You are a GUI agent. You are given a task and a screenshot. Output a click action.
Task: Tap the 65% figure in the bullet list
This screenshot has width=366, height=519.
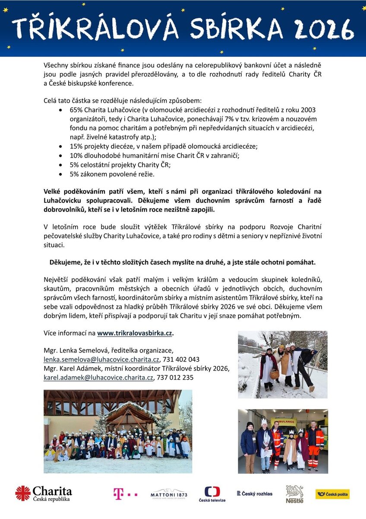(76, 109)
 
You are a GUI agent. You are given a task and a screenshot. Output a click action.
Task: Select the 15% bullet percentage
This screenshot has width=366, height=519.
(76, 146)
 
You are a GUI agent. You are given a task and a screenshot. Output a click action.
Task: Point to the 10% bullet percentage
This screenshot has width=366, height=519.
(76, 156)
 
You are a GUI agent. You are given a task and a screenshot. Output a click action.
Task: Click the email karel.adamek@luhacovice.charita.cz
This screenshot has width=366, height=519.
(98, 378)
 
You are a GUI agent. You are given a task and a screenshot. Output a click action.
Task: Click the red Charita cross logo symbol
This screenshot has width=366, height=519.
(23, 493)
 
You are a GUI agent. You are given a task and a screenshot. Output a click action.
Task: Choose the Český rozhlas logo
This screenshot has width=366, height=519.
(255, 493)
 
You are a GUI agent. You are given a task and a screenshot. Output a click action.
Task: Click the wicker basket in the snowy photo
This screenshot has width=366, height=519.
(274, 374)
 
